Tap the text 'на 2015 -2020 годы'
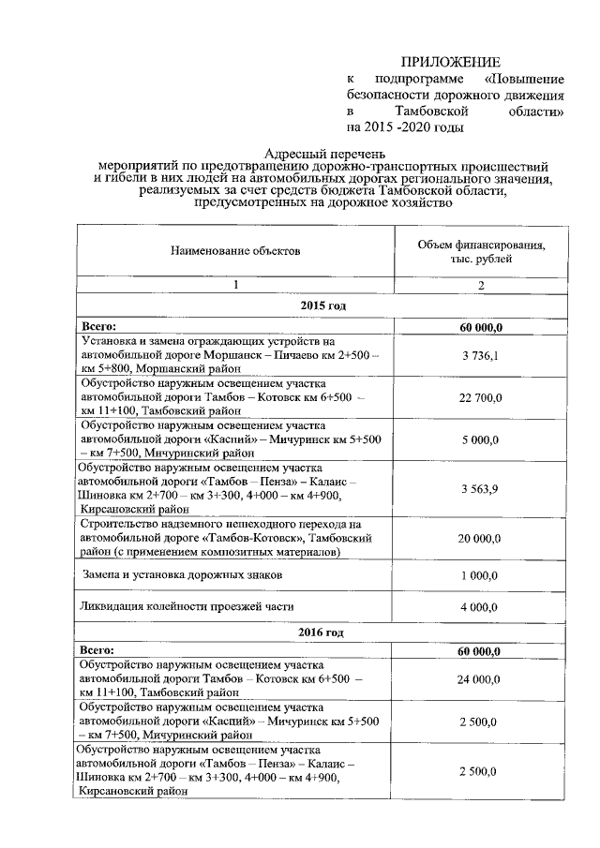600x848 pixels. (x=406, y=126)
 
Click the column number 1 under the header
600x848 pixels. (x=236, y=285)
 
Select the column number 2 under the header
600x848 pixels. (x=480, y=285)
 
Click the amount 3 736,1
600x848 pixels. (x=480, y=355)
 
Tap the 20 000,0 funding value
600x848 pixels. (x=481, y=538)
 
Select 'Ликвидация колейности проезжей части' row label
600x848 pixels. (x=187, y=607)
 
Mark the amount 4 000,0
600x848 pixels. (x=481, y=607)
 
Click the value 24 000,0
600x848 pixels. (x=481, y=678)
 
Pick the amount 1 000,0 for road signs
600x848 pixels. (x=481, y=573)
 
